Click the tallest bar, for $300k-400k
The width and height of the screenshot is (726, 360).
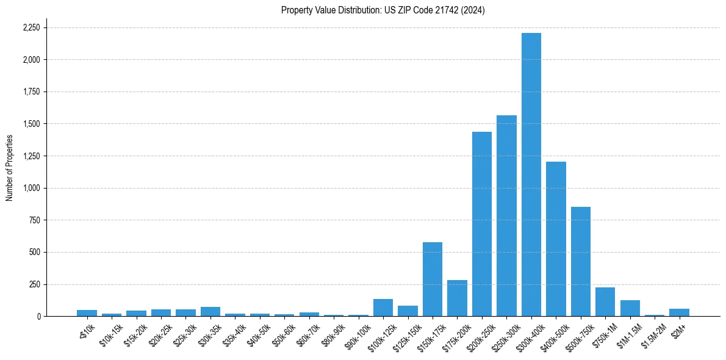(531, 175)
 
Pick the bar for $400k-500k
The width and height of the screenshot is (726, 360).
(556, 239)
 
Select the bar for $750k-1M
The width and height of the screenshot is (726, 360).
(605, 301)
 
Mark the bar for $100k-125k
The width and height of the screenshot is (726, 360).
(383, 308)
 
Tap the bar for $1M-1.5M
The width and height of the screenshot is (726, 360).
(630, 308)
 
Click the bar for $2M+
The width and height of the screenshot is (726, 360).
(679, 312)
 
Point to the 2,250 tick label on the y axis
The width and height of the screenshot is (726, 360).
(31, 27)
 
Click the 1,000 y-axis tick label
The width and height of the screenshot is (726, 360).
(31, 188)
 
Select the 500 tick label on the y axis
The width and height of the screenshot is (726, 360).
(35, 252)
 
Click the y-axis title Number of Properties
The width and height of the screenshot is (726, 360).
(9, 168)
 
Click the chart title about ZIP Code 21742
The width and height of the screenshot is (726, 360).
(383, 10)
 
